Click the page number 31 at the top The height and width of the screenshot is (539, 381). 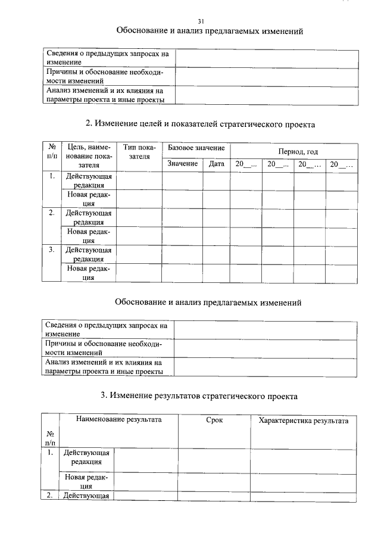click(201, 21)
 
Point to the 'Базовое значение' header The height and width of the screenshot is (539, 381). click(196, 148)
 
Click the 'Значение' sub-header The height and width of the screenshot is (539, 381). click(182, 164)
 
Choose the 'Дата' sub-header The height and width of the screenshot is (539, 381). click(217, 164)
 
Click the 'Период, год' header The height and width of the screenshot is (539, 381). click(293, 152)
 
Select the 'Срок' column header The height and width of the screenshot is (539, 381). click(214, 420)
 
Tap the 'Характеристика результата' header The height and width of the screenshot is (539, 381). click(304, 420)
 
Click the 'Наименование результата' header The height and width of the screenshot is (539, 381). click(118, 420)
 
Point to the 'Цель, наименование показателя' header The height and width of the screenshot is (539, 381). click(89, 157)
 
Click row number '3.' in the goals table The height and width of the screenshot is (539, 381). click(52, 250)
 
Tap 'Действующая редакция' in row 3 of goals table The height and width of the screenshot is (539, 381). click(89, 254)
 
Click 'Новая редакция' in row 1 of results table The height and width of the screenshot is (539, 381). click(86, 480)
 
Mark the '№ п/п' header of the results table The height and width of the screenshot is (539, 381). click(49, 438)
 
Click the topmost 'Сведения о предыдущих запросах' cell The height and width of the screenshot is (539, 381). click(108, 57)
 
